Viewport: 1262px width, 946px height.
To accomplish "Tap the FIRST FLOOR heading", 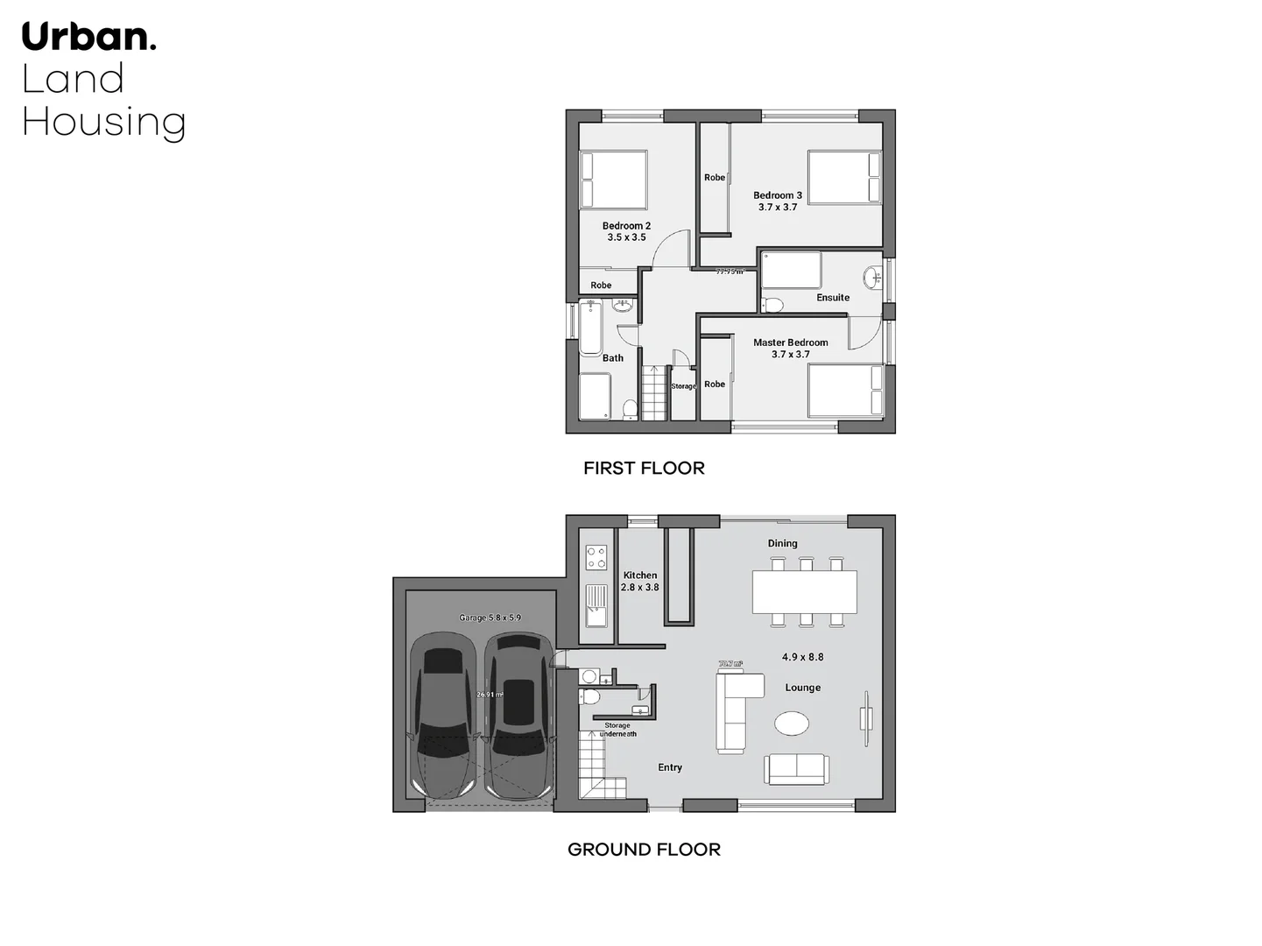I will pos(644,468).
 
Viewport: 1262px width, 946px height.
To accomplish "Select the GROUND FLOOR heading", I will pos(644,849).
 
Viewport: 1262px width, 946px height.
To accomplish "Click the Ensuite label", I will pos(833,297).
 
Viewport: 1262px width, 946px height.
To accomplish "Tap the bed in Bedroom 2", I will pos(613,180).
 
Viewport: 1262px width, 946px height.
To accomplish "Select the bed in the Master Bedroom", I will pos(844,390).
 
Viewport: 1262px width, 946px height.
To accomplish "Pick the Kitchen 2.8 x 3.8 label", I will pos(640,581).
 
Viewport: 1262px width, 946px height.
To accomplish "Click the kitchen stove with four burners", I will pos(596,557).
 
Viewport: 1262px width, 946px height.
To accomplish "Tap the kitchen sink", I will pos(596,604).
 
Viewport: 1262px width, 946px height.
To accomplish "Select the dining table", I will pos(804,591).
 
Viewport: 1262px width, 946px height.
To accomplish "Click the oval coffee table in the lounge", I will pos(793,724).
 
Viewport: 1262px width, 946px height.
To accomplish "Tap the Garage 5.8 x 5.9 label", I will pos(490,618).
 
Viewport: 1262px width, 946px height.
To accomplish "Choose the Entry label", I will pos(670,767).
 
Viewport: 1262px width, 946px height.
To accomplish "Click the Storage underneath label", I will pos(617,730).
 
